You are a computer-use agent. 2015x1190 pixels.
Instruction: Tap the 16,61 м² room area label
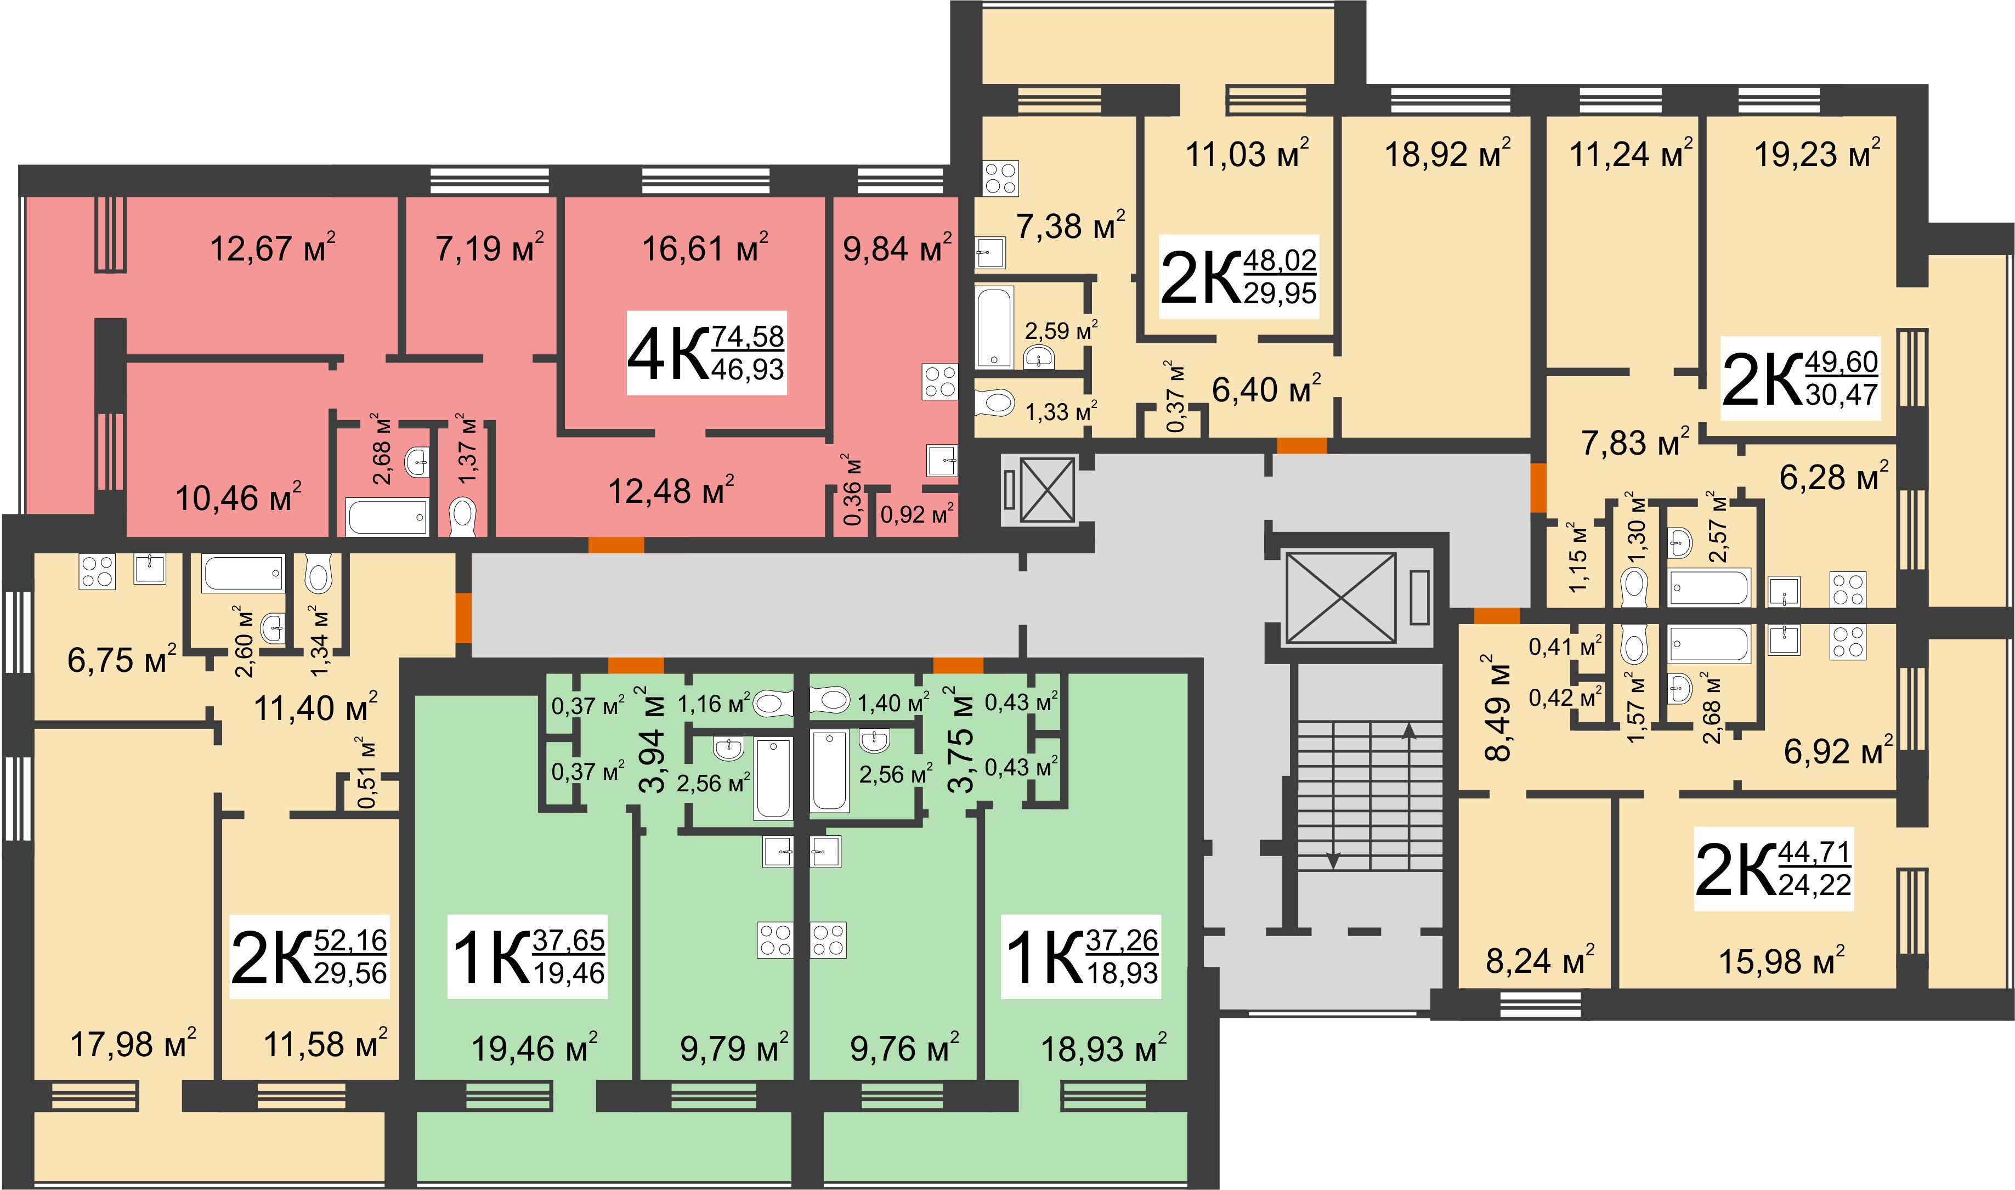pyautogui.click(x=705, y=248)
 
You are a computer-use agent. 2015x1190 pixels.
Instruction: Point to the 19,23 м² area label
pyautogui.click(x=1817, y=153)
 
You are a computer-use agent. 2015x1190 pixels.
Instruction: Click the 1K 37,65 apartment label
pyautogui.click(x=528, y=956)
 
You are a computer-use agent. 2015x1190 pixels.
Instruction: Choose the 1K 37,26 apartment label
pyautogui.click(x=1081, y=956)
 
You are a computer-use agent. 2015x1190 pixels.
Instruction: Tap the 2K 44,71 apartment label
pyautogui.click(x=1774, y=869)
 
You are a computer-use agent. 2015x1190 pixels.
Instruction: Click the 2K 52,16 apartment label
pyautogui.click(x=309, y=956)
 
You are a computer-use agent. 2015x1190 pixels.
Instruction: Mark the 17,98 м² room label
pyautogui.click(x=133, y=1044)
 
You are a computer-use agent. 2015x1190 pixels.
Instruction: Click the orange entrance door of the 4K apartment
pyautogui.click(x=616, y=545)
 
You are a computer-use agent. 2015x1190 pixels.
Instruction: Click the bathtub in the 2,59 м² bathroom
pyautogui.click(x=994, y=327)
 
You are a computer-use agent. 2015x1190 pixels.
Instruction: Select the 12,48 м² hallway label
pyautogui.click(x=671, y=490)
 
